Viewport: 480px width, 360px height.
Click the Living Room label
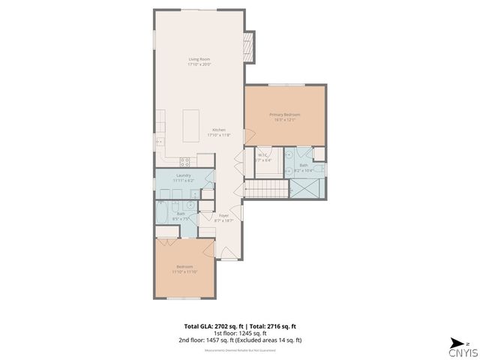199,58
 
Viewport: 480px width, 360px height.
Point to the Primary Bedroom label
284,114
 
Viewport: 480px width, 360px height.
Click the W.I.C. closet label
262,155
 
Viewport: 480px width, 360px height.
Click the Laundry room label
184,175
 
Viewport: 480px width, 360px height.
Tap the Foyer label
223,215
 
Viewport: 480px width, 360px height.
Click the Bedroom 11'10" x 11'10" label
184,267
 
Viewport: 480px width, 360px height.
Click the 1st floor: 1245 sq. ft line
239,333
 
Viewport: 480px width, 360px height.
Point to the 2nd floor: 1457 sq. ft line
239,340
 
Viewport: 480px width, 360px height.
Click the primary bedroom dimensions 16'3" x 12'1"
284,118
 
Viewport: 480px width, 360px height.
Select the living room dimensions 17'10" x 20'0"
199,64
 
